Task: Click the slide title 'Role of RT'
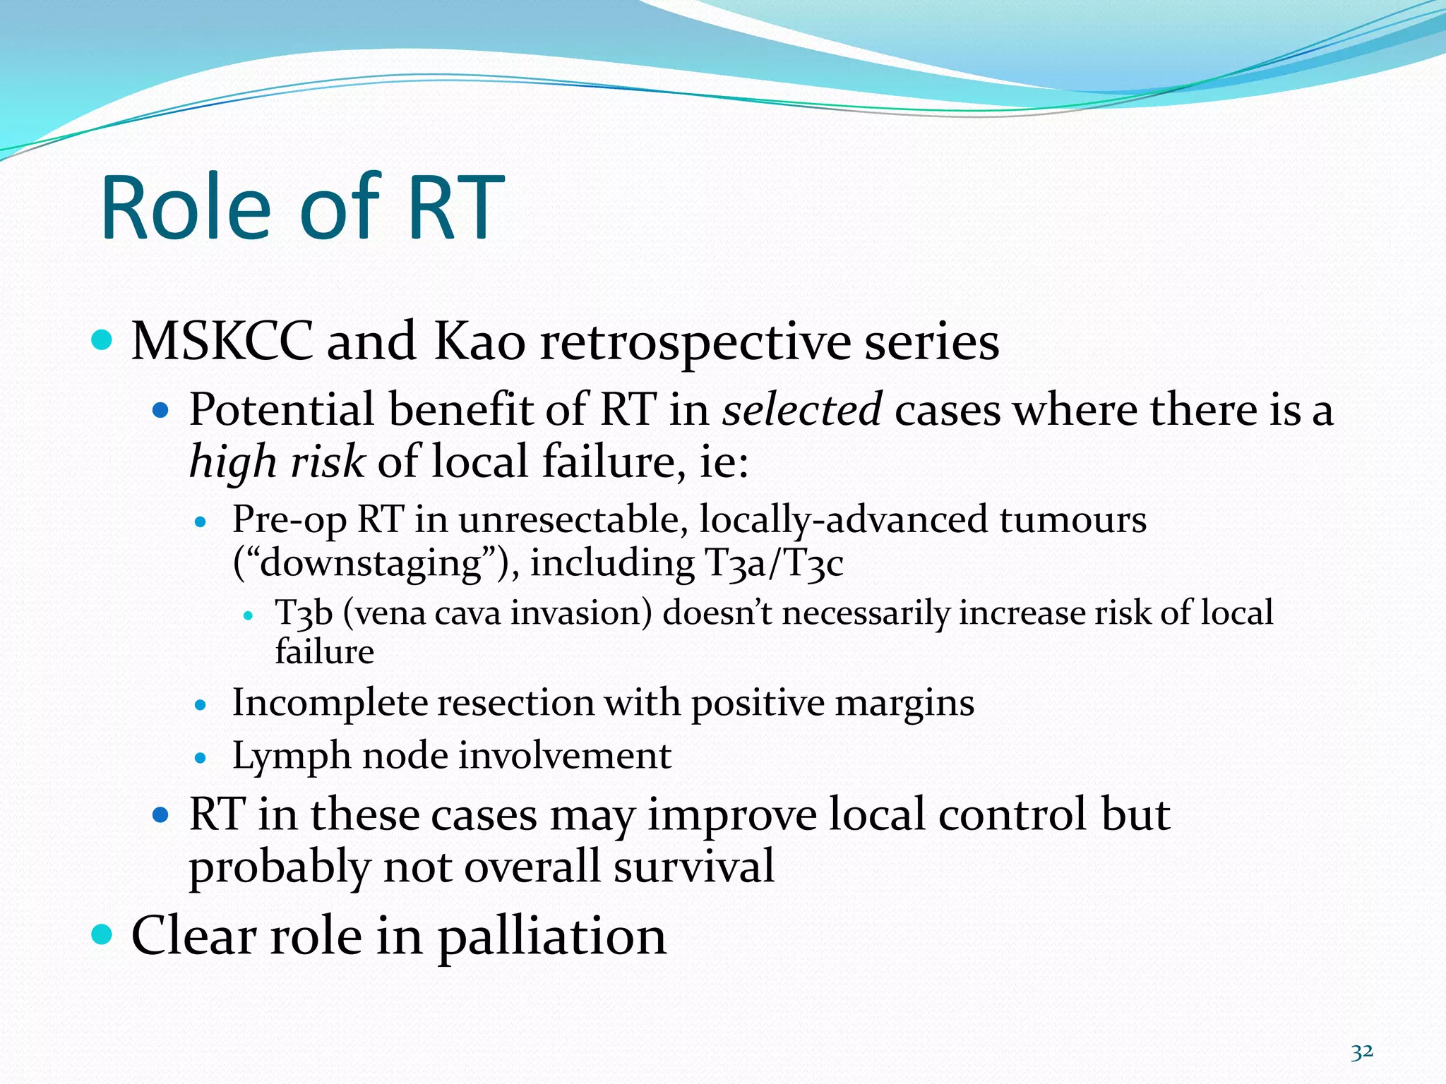(302, 208)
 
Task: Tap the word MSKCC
(222, 342)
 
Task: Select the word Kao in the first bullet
(479, 342)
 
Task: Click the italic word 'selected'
(801, 409)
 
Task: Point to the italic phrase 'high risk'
(277, 462)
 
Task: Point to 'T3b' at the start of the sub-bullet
(303, 613)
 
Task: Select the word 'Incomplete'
(328, 704)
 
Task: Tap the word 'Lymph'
(290, 757)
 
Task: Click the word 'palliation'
(551, 936)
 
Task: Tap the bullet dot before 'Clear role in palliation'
(102, 934)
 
